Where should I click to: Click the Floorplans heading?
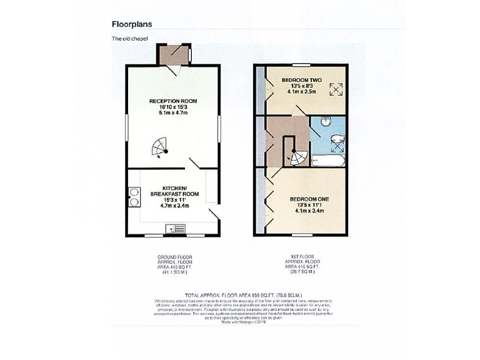point(131,24)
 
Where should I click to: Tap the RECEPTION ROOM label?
point(173,101)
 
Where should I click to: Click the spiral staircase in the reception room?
point(160,148)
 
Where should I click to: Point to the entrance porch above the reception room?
point(173,54)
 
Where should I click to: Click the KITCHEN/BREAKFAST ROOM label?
point(173,191)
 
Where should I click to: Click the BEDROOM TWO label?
point(301,80)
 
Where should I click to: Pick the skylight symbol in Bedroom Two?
point(336,90)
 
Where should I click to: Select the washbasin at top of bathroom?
point(323,121)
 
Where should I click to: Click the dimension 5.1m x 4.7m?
point(173,114)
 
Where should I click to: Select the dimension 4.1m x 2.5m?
point(301,92)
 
